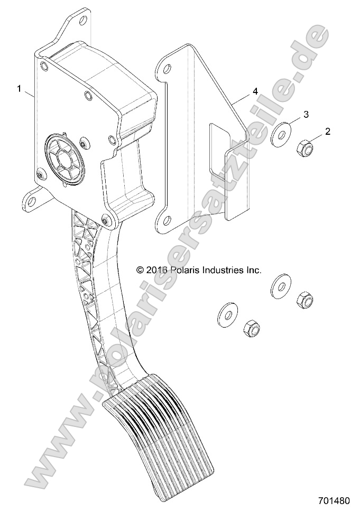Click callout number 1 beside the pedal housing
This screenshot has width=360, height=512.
tap(20, 89)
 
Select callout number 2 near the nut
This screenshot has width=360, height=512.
tap(327, 132)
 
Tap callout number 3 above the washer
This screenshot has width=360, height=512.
tap(306, 114)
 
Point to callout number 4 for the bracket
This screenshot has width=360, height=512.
tap(255, 92)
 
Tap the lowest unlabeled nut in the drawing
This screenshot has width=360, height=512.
tap(250, 330)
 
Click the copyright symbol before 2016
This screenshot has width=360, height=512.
tap(140, 270)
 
